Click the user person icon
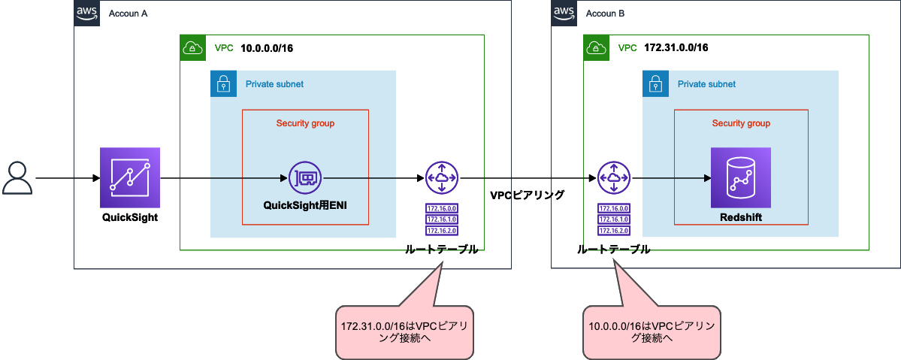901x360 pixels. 17,178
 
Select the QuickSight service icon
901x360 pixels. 130,178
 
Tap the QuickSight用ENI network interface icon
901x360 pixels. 305,178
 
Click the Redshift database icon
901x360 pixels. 740,178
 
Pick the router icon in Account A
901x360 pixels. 442,178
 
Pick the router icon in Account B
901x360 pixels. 614,178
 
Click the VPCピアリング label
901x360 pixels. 527,195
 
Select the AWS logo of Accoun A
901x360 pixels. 87,13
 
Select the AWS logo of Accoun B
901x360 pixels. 564,13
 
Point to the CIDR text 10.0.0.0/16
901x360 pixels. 267,48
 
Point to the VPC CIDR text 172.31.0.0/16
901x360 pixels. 676,48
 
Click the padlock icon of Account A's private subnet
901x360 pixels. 222,83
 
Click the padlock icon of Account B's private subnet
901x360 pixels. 655,83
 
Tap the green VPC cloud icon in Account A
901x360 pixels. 192,48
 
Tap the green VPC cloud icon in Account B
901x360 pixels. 596,48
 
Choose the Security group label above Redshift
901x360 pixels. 741,123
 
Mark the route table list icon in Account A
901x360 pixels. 442,219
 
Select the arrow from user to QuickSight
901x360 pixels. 68,179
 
